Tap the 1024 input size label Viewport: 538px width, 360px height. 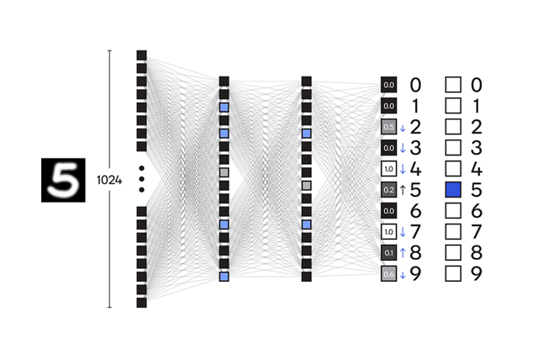tap(108, 180)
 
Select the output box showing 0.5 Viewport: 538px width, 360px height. tap(388, 127)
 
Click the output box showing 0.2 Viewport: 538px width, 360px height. tap(388, 189)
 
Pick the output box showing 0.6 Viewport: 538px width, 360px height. tap(388, 273)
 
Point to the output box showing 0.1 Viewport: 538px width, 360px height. tap(388, 252)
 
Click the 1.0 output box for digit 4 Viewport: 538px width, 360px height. tap(388, 168)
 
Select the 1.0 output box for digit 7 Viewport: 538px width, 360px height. tap(388, 231)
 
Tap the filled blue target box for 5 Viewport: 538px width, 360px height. tap(453, 189)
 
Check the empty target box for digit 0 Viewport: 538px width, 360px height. tap(453, 85)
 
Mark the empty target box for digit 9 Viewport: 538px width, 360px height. tap(453, 273)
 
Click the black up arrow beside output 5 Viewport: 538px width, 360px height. tap(403, 189)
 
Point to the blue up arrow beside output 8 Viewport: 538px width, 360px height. tap(403, 252)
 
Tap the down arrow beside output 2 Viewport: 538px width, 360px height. tap(403, 128)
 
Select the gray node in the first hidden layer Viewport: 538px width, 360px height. tap(224, 172)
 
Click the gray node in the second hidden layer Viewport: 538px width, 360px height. tap(306, 185)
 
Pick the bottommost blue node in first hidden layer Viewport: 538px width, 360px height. tap(224, 276)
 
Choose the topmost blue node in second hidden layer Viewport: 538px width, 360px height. tap(306, 134)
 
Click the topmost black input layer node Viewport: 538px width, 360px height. tap(141, 56)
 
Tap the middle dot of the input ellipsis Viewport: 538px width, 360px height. tap(141, 179)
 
